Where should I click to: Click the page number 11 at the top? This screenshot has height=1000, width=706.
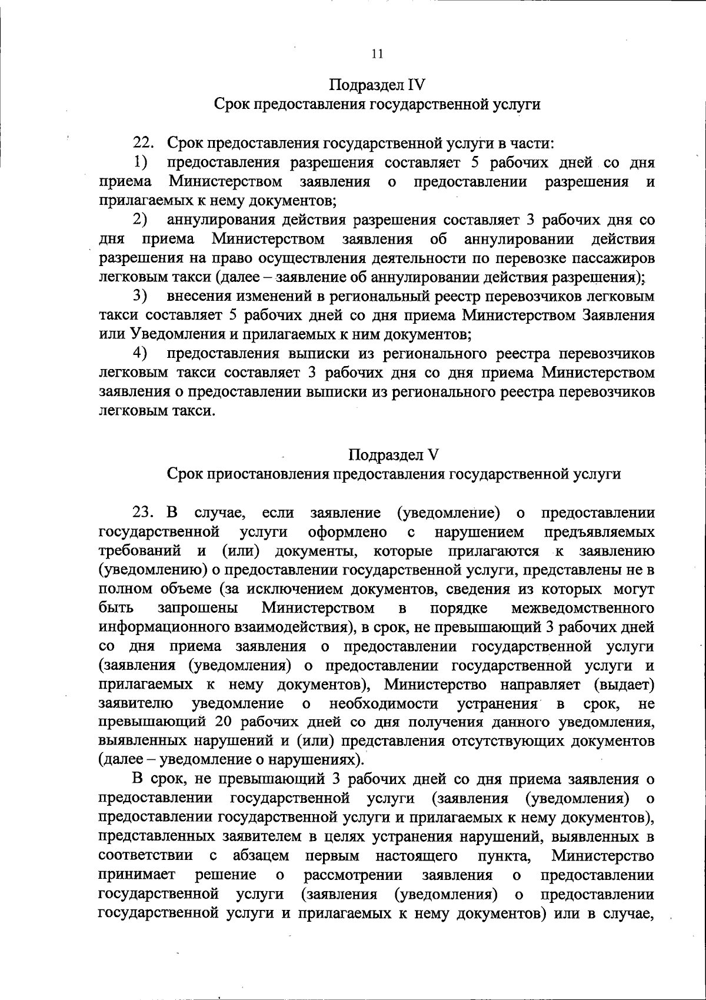point(377,54)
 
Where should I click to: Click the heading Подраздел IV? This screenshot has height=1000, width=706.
point(377,85)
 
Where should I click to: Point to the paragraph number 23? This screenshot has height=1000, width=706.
point(144,513)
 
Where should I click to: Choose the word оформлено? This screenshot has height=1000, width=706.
point(348,533)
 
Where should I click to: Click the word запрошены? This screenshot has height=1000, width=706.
point(198,607)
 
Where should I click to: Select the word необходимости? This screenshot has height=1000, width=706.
point(384,703)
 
